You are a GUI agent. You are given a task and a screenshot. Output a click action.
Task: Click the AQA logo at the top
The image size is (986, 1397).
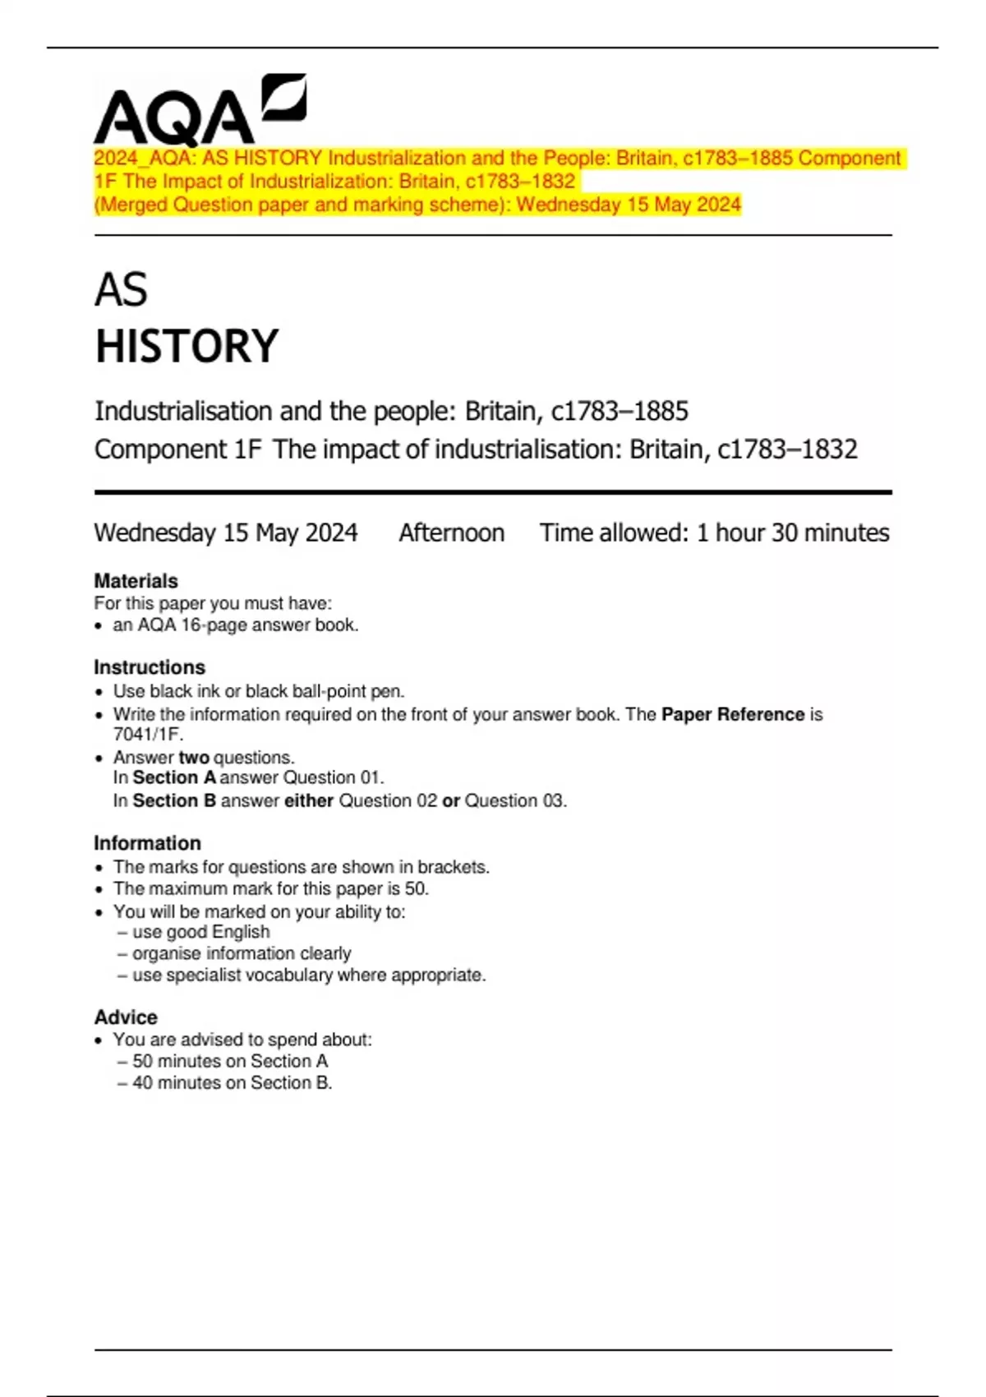200,110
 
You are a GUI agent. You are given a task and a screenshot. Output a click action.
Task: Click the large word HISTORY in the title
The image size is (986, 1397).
187,346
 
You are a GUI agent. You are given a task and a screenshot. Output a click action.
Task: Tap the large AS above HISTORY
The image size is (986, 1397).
121,290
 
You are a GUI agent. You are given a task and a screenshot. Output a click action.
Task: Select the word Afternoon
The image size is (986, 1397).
451,533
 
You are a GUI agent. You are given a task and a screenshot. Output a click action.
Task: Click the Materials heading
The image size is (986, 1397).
136,581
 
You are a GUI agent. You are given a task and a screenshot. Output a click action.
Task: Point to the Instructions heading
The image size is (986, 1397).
149,667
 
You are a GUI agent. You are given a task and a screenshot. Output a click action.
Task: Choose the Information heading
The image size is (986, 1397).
147,843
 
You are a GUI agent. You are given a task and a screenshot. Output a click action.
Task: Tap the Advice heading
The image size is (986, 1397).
125,1017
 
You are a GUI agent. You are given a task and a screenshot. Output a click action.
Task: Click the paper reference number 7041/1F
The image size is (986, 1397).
148,735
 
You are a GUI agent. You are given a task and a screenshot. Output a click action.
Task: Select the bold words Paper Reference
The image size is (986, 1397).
732,715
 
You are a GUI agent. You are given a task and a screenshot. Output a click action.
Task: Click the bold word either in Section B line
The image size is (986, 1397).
308,801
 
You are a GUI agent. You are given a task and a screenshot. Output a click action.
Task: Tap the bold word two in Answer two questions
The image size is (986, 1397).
194,758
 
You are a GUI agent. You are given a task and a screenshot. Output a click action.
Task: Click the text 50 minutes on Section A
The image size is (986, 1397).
229,1062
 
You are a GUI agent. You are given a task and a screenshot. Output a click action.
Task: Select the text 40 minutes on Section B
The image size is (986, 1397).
232,1083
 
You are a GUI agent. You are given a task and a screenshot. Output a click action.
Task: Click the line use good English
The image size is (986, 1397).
200,932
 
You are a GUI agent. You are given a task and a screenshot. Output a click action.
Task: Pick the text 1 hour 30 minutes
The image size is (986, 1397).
792,533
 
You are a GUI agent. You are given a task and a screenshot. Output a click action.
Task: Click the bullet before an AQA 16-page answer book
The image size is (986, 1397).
99,626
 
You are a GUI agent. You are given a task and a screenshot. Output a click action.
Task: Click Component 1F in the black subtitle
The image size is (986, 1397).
177,450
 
